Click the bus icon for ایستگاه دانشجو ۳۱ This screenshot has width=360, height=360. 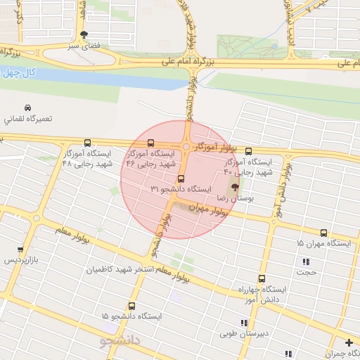pos(181,179)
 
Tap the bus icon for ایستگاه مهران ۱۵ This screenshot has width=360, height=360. pos(323,233)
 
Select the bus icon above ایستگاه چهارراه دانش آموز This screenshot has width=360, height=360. pos(262,278)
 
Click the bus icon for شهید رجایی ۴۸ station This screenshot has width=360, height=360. pos(87,143)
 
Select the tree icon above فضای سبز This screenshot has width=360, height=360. pos(85,34)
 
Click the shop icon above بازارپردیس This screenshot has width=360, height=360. pos(20,250)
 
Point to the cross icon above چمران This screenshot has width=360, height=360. pos(349,342)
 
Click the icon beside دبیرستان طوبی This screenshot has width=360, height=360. pos(244,323)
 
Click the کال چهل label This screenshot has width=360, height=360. pos(19,72)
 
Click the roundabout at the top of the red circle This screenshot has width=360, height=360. pos(185,147)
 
